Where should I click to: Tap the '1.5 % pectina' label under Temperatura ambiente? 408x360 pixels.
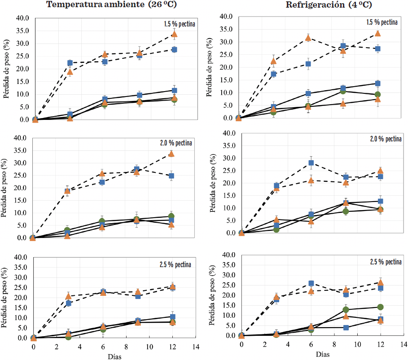click(x=179, y=24)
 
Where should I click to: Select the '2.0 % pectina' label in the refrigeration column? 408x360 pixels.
click(x=385, y=138)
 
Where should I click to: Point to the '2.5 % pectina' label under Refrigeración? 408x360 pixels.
click(x=385, y=262)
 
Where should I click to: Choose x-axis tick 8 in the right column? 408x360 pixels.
click(x=334, y=344)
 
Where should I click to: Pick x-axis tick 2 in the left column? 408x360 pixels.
click(x=57, y=347)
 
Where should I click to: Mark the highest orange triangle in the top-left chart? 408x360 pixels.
click(x=174, y=34)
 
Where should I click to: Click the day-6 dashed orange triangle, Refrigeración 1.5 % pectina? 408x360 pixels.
click(x=308, y=38)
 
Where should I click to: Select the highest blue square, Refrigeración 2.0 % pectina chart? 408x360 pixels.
click(x=311, y=163)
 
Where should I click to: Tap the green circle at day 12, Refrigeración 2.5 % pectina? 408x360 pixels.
click(x=380, y=307)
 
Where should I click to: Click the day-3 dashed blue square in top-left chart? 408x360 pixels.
click(x=70, y=63)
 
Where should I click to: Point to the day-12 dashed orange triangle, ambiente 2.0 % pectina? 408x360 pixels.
click(x=171, y=154)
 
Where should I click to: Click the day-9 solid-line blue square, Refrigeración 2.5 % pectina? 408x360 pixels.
click(x=346, y=328)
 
